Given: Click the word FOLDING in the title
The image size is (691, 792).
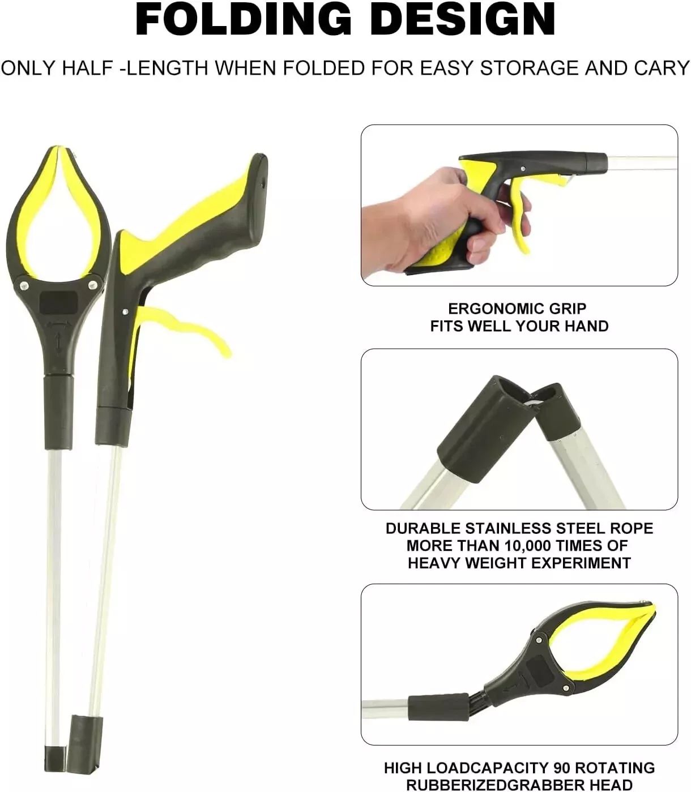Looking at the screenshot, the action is (243, 20).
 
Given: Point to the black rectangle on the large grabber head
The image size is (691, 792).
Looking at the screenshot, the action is (59, 303).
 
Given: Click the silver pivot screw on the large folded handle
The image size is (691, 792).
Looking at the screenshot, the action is (125, 311).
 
